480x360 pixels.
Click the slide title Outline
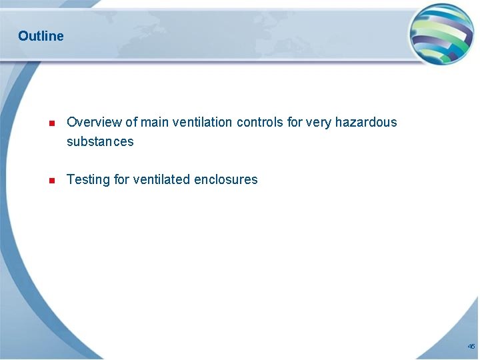[41, 36]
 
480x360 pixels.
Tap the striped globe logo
[441, 35]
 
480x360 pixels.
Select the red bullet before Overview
[51, 123]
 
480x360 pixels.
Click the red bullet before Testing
[51, 181]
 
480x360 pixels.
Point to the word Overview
[94, 122]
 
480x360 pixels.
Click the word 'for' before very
[295, 122]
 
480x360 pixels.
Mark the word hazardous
[366, 122]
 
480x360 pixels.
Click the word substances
[100, 141]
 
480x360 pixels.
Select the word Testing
[89, 179]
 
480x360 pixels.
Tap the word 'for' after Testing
[122, 179]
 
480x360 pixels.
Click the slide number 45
[471, 347]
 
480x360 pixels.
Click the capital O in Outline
[23, 36]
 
